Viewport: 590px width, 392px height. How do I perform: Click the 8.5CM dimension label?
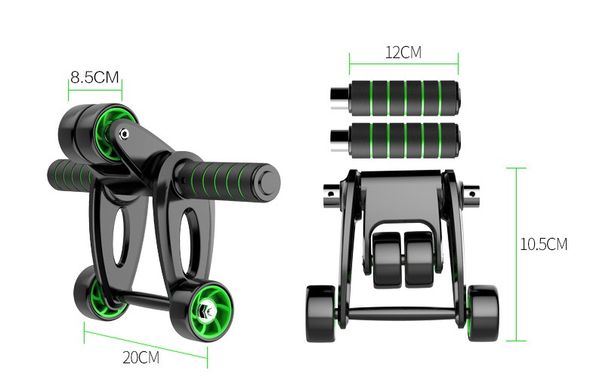coord(94,77)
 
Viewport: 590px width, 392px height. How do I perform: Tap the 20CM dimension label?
coord(141,357)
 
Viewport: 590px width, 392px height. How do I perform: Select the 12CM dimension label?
coord(403,52)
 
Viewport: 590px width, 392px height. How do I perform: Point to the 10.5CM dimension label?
coord(544,244)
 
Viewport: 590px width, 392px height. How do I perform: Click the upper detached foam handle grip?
coord(405,98)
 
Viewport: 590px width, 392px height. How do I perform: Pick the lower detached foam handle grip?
coord(405,140)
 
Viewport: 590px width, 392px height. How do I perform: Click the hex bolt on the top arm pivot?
coord(124,134)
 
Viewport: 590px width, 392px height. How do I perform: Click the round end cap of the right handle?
coord(269,183)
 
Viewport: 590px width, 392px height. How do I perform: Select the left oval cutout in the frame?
coord(121,236)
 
